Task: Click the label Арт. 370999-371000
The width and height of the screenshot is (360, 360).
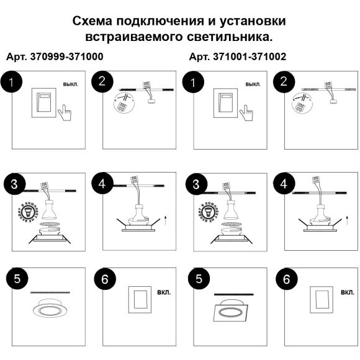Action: click(55, 56)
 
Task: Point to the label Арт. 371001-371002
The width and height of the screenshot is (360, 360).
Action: click(238, 56)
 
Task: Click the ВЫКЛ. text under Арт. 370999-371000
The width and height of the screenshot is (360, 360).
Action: click(71, 84)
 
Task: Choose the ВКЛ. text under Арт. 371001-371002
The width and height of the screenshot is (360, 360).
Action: click(346, 292)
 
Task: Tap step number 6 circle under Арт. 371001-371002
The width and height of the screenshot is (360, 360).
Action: click(286, 279)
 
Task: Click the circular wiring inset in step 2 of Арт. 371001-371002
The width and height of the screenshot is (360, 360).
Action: click(299, 103)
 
